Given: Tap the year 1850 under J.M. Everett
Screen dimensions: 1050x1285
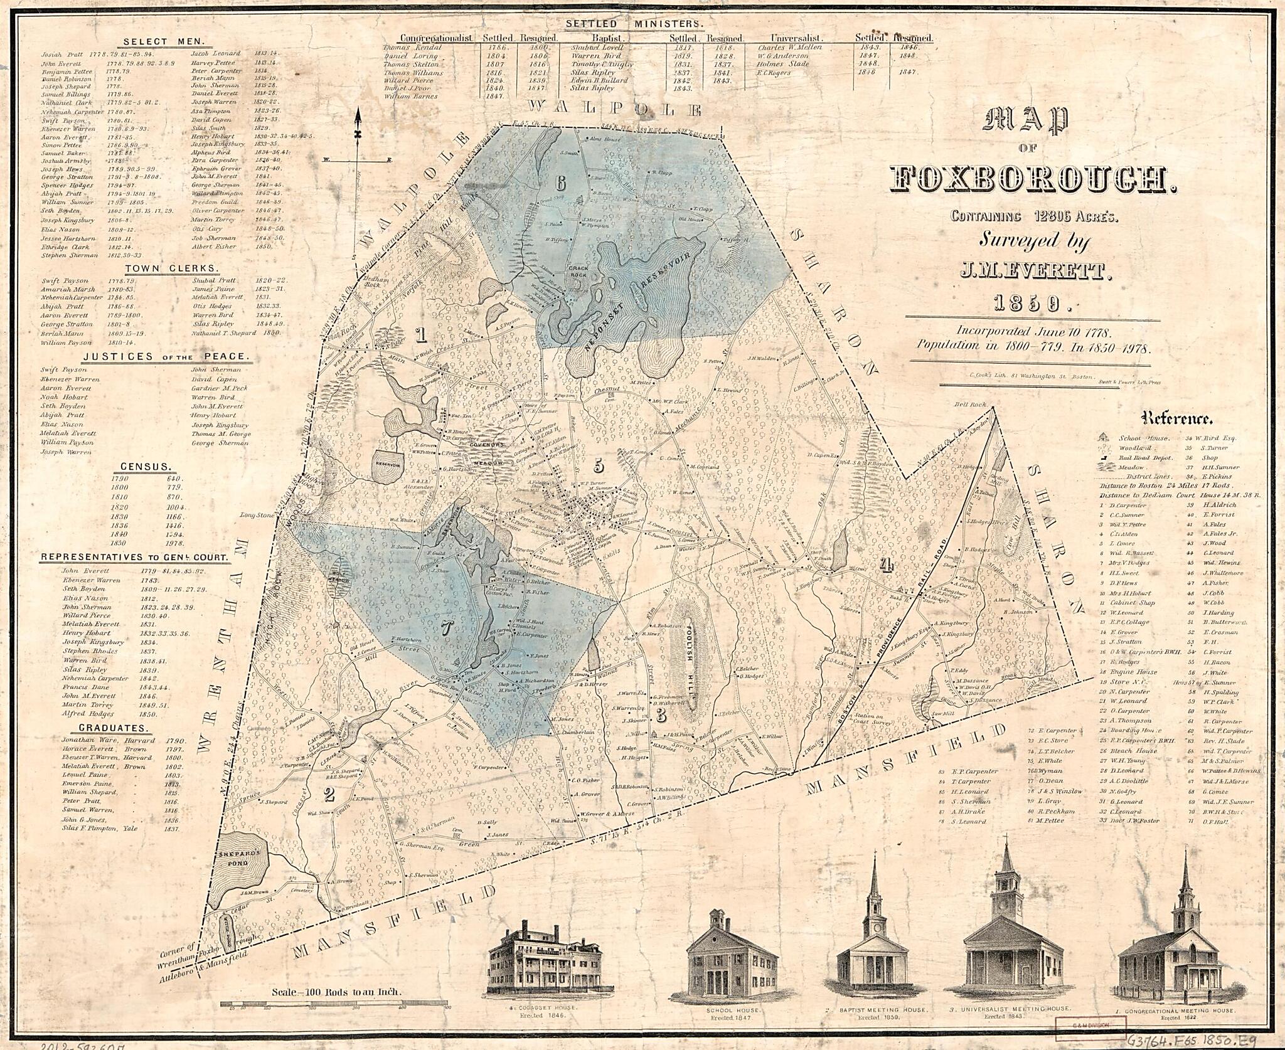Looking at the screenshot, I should pyautogui.click(x=1023, y=304).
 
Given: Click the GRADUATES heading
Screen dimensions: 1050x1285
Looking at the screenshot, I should pyautogui.click(x=114, y=728).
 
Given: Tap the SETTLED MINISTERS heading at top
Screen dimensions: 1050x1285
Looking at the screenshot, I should pyautogui.click(x=635, y=24).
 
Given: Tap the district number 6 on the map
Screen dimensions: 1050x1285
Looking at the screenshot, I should pyautogui.click(x=560, y=183).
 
